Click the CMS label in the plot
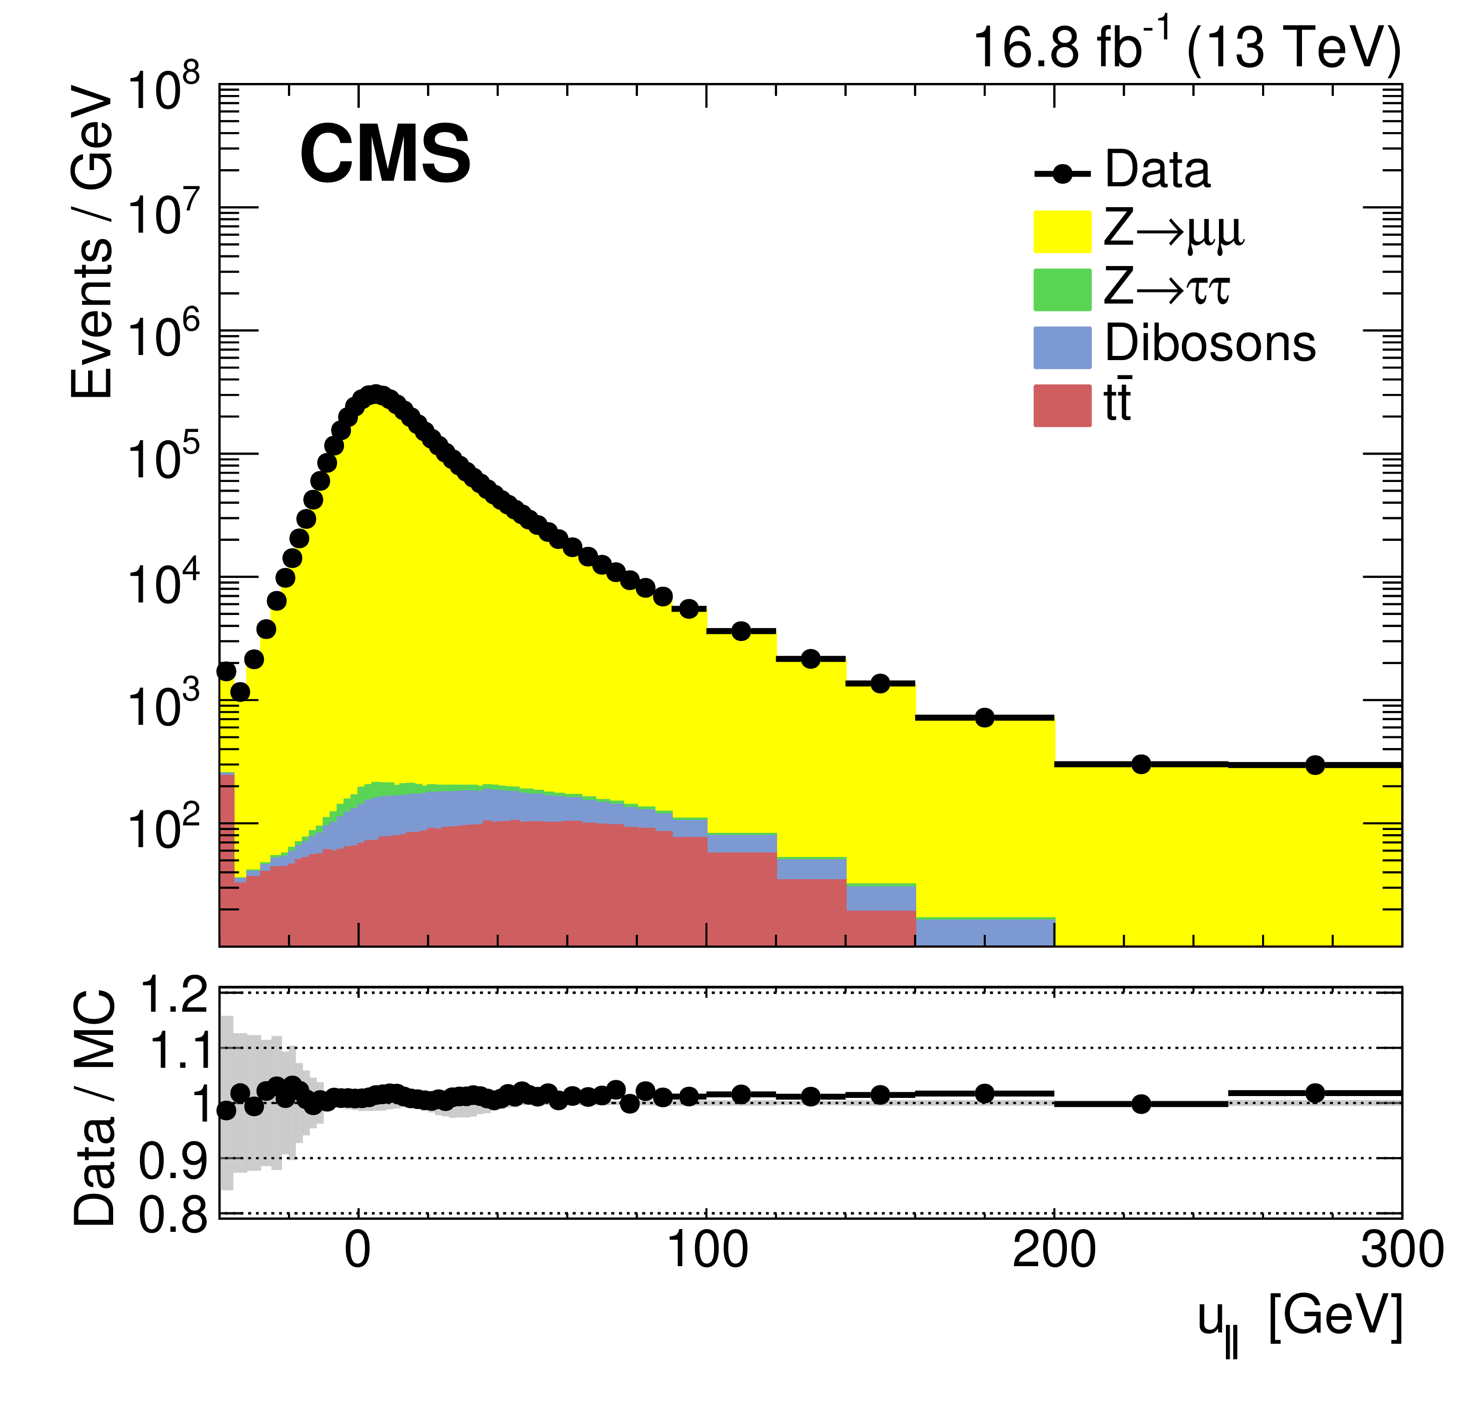pyautogui.click(x=385, y=154)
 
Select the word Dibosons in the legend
pyautogui.click(x=1210, y=344)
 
